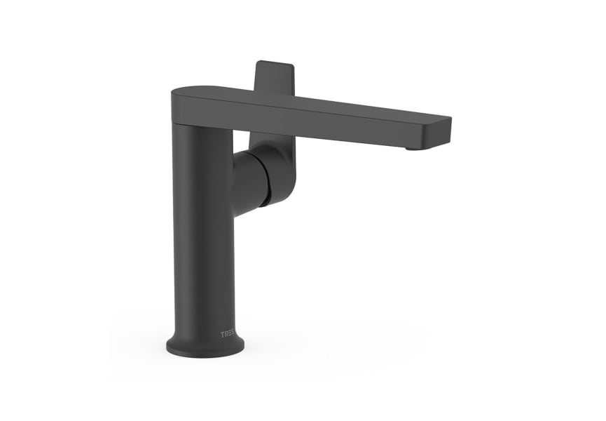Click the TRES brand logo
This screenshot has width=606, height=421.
[x=228, y=334]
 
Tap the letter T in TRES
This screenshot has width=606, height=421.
[x=223, y=334]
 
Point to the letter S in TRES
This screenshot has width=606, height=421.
[x=234, y=334]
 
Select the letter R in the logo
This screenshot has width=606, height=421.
[x=226, y=334]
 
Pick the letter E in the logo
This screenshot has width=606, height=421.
[x=230, y=334]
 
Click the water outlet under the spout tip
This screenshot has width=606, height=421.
[x=415, y=147]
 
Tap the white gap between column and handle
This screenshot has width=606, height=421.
[x=241, y=140]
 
